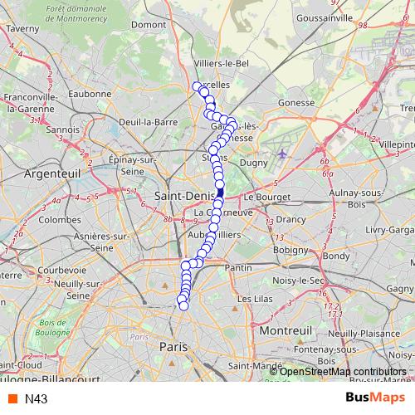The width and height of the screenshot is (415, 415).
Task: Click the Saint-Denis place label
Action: [184, 194]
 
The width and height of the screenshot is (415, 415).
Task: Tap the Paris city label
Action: [173, 346]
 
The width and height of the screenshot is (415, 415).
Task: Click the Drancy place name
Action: [290, 219]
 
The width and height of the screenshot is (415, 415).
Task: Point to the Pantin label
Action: [238, 268]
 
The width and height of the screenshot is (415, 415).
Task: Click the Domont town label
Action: [149, 25]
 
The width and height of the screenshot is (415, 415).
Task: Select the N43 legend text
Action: [36, 399]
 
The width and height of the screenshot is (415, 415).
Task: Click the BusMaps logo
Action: [374, 398]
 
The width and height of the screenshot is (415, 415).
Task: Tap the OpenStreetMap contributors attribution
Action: [343, 371]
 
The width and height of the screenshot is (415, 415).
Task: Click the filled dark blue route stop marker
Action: [220, 193]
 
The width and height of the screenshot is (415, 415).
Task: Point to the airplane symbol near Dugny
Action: [284, 154]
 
